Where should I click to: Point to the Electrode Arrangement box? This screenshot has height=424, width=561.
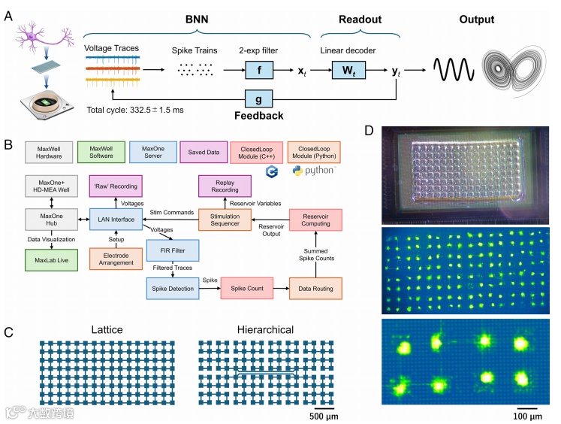click(x=111, y=259)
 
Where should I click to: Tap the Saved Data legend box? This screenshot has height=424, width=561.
click(x=203, y=153)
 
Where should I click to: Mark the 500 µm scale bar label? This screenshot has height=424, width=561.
click(x=328, y=416)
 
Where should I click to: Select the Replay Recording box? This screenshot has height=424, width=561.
click(x=225, y=185)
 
